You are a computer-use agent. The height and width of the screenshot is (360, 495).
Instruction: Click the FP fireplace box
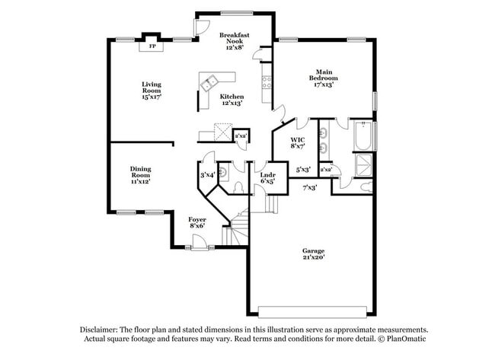click(152, 46)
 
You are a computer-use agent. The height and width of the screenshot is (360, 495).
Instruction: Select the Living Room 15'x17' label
click(152, 91)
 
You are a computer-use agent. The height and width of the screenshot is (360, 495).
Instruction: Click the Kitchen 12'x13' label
click(232, 100)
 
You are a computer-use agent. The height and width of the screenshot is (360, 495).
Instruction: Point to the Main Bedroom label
click(324, 78)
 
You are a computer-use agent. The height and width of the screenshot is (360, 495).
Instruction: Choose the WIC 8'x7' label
click(298, 142)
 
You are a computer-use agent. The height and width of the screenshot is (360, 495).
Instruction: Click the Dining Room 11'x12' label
click(140, 175)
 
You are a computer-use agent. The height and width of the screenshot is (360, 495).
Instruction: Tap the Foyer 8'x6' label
click(197, 222)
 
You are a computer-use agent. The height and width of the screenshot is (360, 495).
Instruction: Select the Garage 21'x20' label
click(314, 254)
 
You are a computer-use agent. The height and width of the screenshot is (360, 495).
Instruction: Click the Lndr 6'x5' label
click(268, 178)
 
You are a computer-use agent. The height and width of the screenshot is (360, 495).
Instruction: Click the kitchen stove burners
click(267, 82)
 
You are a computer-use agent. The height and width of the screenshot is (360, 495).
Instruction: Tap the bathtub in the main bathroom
click(363, 135)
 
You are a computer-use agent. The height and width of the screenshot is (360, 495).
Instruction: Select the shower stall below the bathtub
click(363, 164)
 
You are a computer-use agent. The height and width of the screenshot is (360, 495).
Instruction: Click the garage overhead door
click(312, 312)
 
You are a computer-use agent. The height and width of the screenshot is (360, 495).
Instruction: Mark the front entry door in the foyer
click(199, 243)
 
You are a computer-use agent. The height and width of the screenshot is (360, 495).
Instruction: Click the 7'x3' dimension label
click(310, 188)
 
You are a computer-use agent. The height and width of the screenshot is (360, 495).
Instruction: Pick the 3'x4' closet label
click(207, 175)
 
